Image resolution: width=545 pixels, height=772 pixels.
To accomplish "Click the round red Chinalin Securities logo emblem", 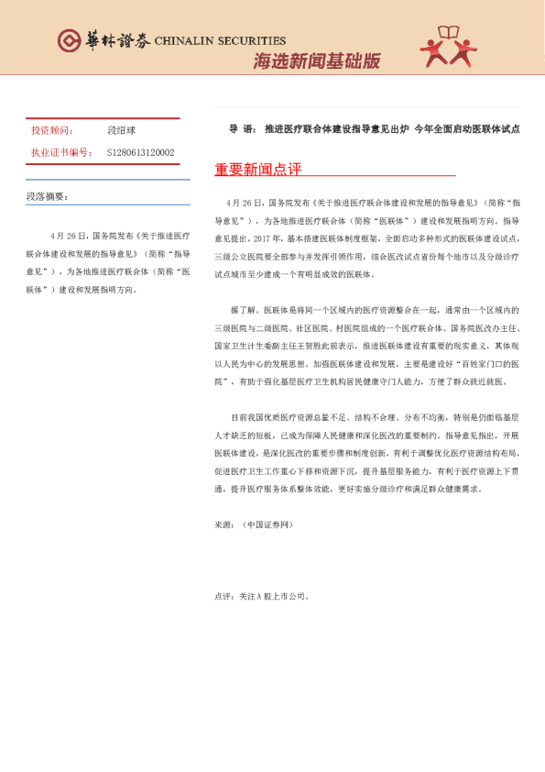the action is click(x=69, y=41).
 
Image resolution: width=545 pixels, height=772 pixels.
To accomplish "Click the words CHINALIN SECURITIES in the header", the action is click(x=220, y=41).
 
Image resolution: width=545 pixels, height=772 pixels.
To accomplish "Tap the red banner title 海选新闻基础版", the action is click(x=316, y=61).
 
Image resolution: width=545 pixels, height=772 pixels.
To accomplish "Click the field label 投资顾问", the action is click(x=51, y=131).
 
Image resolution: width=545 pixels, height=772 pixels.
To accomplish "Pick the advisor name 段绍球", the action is click(x=121, y=131).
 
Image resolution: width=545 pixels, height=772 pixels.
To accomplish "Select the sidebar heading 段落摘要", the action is click(x=47, y=196).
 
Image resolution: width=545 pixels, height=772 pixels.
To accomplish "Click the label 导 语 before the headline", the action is click(x=239, y=129).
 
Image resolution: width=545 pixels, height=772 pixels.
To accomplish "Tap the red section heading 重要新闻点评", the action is click(x=257, y=170).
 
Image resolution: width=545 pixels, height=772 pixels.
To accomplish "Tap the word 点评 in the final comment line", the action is click(x=222, y=595).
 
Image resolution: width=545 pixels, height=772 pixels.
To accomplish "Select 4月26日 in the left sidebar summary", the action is click(x=69, y=236).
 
